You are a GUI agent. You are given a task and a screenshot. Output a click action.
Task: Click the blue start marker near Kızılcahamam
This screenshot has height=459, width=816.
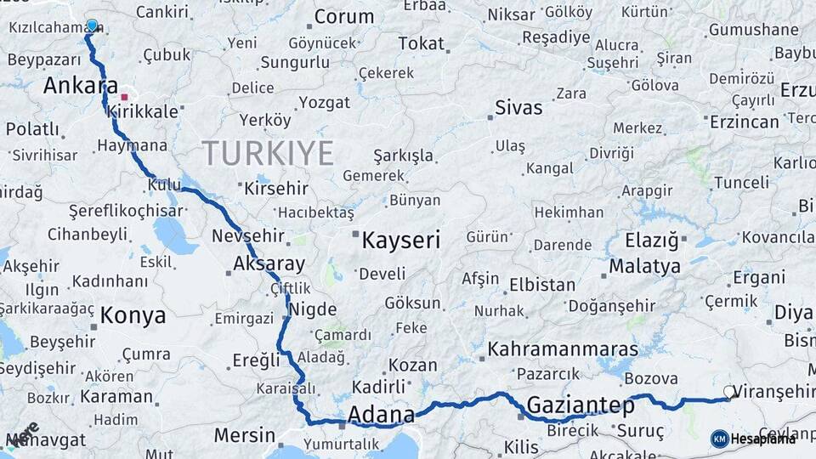click(x=92, y=25)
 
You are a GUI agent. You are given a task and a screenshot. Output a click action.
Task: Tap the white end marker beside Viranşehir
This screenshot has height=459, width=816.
click(x=728, y=392)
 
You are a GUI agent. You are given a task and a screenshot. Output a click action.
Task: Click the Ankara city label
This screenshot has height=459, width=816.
click(x=80, y=86)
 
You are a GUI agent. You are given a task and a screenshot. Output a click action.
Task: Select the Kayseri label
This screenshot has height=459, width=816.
click(x=400, y=241)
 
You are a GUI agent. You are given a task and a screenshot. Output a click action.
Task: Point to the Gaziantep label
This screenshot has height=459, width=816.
click(x=580, y=405)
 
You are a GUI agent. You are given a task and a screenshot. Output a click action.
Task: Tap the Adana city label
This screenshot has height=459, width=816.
click(x=381, y=416)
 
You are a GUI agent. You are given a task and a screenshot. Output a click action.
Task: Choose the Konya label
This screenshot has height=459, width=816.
click(x=133, y=316)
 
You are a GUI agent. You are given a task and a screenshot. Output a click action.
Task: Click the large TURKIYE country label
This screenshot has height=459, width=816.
click(x=268, y=153)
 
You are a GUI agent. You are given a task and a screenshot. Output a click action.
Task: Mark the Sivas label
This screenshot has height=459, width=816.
click(x=518, y=108)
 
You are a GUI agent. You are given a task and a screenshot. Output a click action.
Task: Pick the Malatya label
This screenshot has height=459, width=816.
click(x=644, y=267)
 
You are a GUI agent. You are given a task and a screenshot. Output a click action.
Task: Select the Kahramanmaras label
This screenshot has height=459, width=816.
click(x=563, y=349)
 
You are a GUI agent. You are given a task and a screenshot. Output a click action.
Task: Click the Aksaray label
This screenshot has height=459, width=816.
click(x=269, y=262)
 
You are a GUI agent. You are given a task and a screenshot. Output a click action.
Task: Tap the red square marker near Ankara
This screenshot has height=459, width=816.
click(x=124, y=97)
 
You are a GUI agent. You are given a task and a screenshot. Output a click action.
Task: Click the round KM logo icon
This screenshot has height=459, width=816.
click(x=719, y=439)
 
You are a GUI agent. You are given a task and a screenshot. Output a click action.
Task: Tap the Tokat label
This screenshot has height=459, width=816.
click(x=421, y=44)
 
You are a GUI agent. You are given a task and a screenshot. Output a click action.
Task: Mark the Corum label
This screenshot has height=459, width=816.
click(x=343, y=16)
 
